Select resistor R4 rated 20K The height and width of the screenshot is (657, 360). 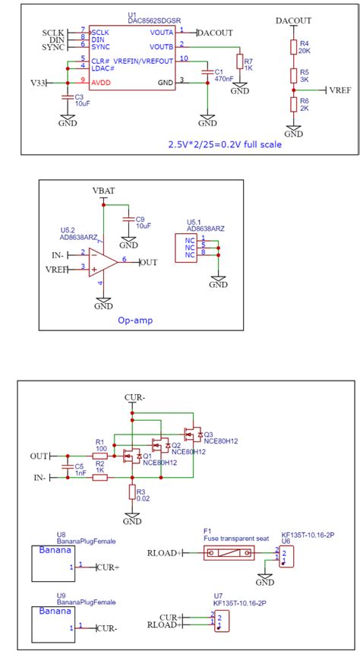pyautogui.click(x=293, y=48)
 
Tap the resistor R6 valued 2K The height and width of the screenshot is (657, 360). pyautogui.click(x=293, y=105)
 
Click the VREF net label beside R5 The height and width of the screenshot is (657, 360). pyautogui.click(x=340, y=90)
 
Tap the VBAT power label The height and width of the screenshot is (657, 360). pyautogui.click(x=103, y=190)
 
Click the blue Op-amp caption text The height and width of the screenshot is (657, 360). pyautogui.click(x=134, y=321)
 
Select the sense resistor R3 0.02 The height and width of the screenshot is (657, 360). pyautogui.click(x=132, y=493)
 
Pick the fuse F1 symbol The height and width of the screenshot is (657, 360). pyautogui.click(x=228, y=553)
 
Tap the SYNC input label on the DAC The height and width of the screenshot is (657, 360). pyautogui.click(x=53, y=47)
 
